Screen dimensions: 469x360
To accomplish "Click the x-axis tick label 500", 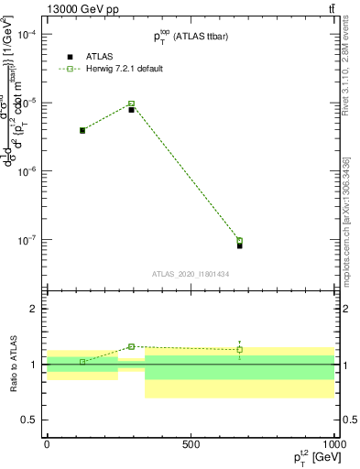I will click(x=191, y=443).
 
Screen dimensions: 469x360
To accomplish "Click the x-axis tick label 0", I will click(x=47, y=443).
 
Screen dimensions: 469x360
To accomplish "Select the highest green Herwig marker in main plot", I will click(x=131, y=104).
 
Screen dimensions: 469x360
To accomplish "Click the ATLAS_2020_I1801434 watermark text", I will click(x=191, y=274).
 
